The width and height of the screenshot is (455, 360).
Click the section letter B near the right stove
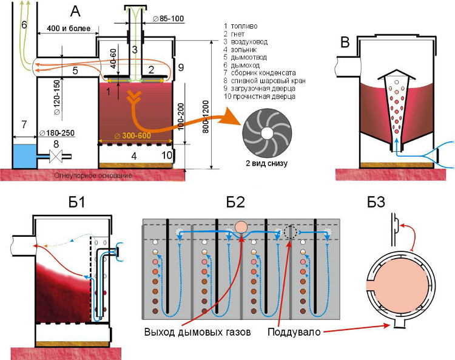click(345, 42)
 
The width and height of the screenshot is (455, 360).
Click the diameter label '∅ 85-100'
click(168, 19)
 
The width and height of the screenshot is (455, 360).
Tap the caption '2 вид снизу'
click(265, 165)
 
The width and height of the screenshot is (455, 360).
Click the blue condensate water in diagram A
click(22, 156)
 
